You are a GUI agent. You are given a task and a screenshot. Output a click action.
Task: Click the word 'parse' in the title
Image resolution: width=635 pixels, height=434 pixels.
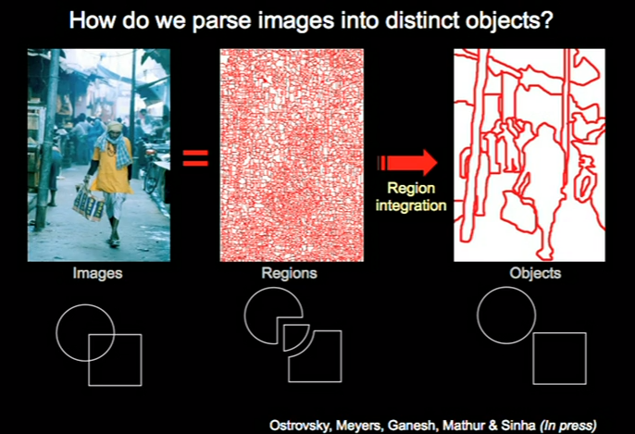pos(222,20)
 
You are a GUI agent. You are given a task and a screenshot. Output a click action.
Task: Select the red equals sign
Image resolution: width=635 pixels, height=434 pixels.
pos(195,158)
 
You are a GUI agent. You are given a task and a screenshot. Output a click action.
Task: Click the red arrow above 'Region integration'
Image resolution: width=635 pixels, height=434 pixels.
pos(407,163)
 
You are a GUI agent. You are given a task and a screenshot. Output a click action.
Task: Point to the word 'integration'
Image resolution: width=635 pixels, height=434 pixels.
pos(411,205)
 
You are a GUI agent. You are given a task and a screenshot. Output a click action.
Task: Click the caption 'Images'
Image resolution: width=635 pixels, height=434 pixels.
pos(97,273)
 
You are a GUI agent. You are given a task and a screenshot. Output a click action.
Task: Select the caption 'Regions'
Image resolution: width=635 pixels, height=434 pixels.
pos(289,273)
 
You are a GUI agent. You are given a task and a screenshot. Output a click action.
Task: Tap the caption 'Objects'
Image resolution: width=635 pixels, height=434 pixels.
pos(535,273)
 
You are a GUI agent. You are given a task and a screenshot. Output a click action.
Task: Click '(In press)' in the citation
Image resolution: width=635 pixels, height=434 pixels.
pos(568,426)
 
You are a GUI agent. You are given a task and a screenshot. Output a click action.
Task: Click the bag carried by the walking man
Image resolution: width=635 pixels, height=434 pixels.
pos(89,205)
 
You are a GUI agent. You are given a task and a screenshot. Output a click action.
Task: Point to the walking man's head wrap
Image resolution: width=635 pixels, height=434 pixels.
pos(115,127)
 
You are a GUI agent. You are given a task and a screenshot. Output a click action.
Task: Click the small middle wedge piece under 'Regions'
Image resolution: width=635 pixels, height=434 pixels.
pos(284,338)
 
